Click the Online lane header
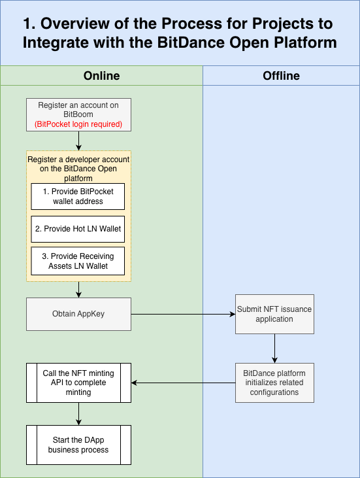pyautogui.click(x=101, y=76)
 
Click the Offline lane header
pyautogui.click(x=281, y=76)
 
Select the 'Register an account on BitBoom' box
pyautogui.click(x=79, y=109)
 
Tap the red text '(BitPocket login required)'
pyautogui.click(x=78, y=124)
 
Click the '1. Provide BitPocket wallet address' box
pyautogui.click(x=78, y=196)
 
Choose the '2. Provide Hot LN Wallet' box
pyautogui.click(x=78, y=229)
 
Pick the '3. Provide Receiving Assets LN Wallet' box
pyautogui.click(x=78, y=261)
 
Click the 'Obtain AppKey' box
pyautogui.click(x=78, y=314)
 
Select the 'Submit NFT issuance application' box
pyautogui.click(x=274, y=314)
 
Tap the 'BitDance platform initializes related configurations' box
pyautogui.click(x=274, y=383)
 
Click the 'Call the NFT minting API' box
pyautogui.click(x=78, y=383)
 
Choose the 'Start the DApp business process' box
pyautogui.click(x=78, y=445)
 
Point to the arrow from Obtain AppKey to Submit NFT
pyautogui.click(x=183, y=314)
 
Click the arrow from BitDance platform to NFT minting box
pyautogui.click(x=183, y=383)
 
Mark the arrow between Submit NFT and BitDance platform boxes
pyautogui.click(x=274, y=348)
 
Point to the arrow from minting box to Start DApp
pyautogui.click(x=78, y=413)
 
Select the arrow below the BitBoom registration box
pyautogui.click(x=78, y=141)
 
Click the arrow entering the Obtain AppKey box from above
pyautogui.click(x=78, y=290)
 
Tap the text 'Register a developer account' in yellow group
pyautogui.click(x=78, y=160)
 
